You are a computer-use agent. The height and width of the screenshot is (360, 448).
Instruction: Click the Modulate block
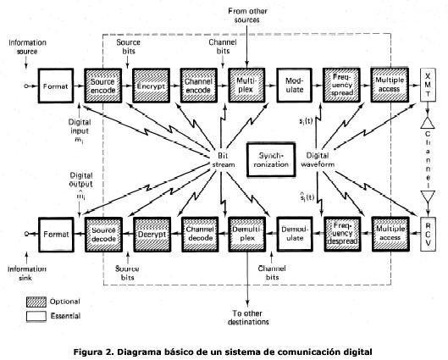pos(296,87)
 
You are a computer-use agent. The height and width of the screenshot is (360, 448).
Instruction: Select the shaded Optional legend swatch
pos(35,301)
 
